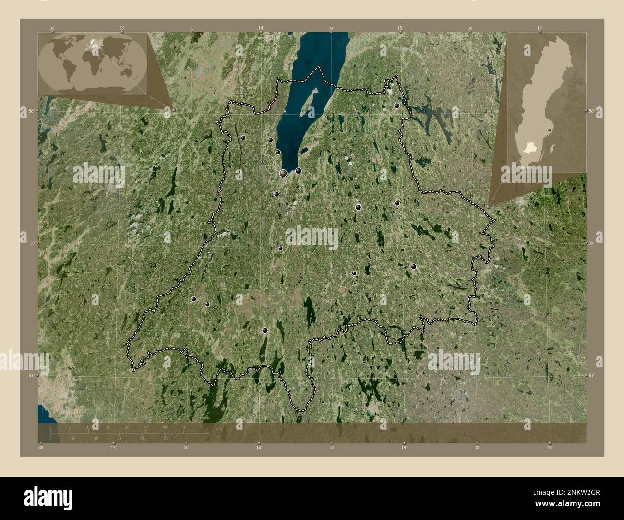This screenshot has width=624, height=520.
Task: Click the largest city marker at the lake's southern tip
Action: click(284, 173)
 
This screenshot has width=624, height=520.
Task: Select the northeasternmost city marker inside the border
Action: click(397, 106)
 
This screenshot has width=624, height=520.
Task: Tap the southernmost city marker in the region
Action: click(264, 330)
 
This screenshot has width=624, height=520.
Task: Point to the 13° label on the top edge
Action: click(122, 28)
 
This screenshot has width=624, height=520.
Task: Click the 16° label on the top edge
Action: click(540, 28)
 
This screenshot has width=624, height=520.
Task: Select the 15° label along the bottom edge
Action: click(404, 448)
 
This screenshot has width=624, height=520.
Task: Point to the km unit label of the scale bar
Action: click(218, 429)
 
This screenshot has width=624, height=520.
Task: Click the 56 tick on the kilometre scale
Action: click(184, 427)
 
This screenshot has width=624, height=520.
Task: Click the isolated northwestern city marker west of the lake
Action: click(243, 138)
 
